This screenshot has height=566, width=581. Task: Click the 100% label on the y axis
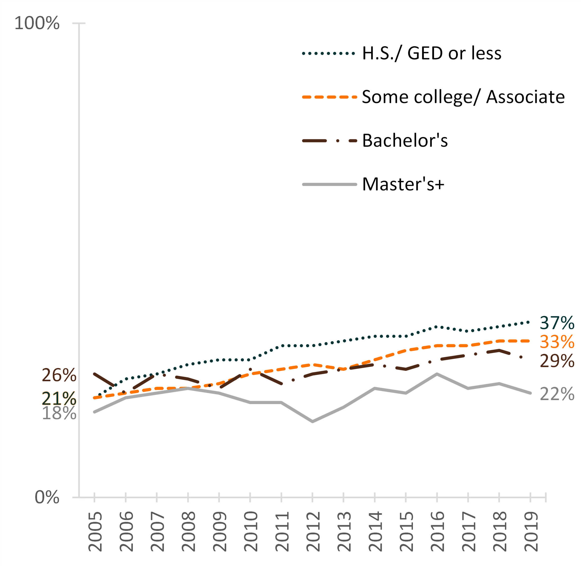click(x=37, y=23)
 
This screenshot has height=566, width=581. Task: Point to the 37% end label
click(x=557, y=323)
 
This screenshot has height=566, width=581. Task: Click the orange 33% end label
click(x=557, y=342)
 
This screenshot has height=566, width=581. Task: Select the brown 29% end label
click(x=557, y=361)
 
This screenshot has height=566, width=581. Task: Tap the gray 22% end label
click(x=557, y=395)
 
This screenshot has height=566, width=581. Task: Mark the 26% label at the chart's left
click(x=59, y=375)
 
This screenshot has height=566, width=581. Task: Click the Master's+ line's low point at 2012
click(x=312, y=422)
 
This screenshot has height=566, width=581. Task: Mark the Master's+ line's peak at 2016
click(x=437, y=374)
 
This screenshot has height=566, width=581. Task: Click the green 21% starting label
click(x=59, y=398)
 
